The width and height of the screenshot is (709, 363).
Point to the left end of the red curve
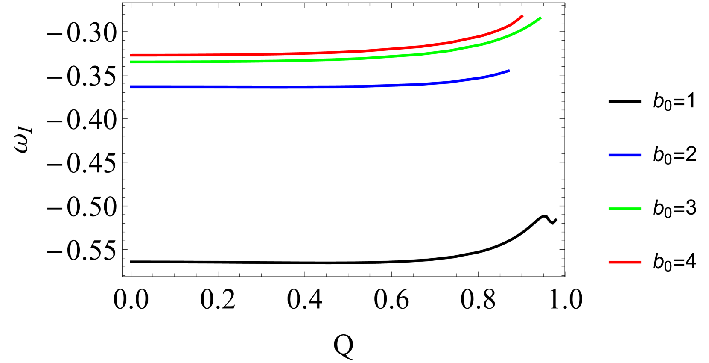coord(131,55)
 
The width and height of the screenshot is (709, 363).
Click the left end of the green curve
coord(131,62)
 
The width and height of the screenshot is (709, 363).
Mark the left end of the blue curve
coord(131,87)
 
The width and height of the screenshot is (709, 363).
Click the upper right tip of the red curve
coord(522,16)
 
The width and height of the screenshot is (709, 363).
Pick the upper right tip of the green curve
coord(540,18)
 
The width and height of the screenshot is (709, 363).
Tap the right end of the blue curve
coord(509,71)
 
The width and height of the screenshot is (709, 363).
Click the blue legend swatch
coord(625,155)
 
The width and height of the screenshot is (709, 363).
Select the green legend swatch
coord(625,209)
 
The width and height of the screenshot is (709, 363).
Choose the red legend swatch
coord(625,262)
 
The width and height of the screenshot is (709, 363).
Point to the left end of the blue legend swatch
coord(609,155)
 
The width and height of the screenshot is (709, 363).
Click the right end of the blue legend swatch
coord(641,155)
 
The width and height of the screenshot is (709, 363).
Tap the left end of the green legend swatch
coord(609,209)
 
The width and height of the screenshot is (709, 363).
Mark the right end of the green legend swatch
coord(641,209)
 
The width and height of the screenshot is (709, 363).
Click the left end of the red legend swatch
coord(609,262)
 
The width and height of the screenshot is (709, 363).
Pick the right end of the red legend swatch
coord(641,262)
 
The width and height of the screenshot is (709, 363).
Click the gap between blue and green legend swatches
coord(625,182)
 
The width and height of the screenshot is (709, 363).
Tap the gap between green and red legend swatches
coord(625,236)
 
